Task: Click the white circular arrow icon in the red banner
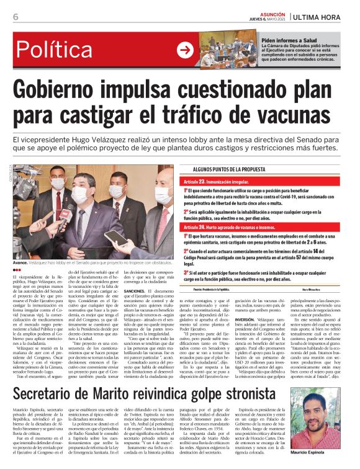pos(185,50)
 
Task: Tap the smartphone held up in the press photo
pos(115,236)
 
